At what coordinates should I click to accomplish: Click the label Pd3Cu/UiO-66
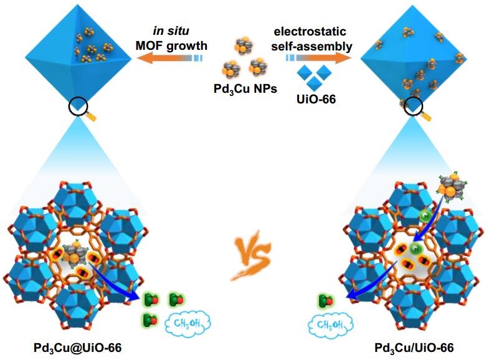(x=414, y=348)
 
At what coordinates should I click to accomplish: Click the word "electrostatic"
(x=316, y=31)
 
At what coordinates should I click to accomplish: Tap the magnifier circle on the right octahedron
(x=413, y=110)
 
